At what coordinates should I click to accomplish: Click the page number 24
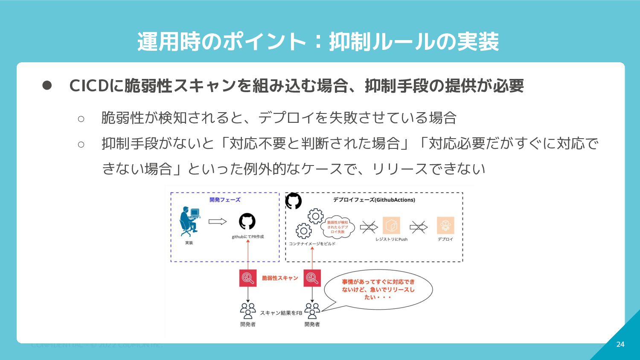[620, 344]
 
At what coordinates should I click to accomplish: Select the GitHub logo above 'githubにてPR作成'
[247, 221]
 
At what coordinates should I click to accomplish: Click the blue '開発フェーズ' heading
[225, 200]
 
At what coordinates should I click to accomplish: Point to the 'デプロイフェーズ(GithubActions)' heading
[374, 200]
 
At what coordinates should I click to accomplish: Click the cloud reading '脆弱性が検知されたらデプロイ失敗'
[337, 227]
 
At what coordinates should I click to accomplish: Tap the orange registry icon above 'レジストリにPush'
[391, 226]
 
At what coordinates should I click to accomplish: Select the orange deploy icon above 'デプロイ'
[445, 226]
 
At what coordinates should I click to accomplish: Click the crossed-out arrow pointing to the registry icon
[369, 227]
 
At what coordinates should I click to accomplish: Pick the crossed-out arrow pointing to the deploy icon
[419, 227]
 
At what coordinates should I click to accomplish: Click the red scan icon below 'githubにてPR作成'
[248, 278]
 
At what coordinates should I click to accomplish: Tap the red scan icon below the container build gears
[312, 278]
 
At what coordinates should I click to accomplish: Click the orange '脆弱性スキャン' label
[280, 278]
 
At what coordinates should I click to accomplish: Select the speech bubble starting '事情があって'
[378, 289]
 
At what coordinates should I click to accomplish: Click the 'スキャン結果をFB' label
[281, 313]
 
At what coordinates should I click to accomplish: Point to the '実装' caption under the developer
[189, 243]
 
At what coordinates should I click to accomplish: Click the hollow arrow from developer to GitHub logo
[218, 221]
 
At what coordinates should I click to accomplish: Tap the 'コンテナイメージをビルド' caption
[312, 244]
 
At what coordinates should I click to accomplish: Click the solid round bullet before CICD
[47, 86]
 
